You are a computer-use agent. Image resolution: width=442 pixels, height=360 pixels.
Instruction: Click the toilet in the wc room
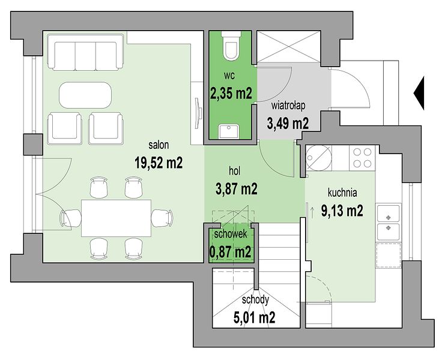pyautogui.click(x=231, y=45)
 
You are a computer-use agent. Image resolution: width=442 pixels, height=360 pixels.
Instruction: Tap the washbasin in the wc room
pyautogui.click(x=229, y=131)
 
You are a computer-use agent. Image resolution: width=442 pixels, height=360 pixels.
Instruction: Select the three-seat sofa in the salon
pyautogui.click(x=85, y=52)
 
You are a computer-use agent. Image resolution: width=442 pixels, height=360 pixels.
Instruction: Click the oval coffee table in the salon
pyautogui.click(x=85, y=95)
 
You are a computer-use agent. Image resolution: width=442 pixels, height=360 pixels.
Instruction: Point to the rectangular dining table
pyautogui.click(x=116, y=218)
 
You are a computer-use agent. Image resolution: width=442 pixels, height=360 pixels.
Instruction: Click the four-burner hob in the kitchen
pyautogui.click(x=362, y=158)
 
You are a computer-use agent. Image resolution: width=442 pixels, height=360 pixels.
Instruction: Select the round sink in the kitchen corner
pyautogui.click(x=318, y=158)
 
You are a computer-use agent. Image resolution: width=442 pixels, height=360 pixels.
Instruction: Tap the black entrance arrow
pyautogui.click(x=419, y=93)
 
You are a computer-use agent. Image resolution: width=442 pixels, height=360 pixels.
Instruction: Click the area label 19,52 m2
pyautogui.click(x=159, y=163)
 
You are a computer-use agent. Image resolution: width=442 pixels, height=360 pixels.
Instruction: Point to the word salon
pyautogui.click(x=159, y=145)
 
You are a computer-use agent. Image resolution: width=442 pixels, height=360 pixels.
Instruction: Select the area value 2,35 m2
pyautogui.click(x=231, y=92)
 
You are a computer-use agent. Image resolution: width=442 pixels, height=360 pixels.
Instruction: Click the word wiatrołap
pyautogui.click(x=288, y=106)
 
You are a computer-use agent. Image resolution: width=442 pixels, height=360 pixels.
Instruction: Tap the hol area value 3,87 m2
pyautogui.click(x=237, y=189)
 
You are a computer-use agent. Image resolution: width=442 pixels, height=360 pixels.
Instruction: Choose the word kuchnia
pyautogui.click(x=342, y=193)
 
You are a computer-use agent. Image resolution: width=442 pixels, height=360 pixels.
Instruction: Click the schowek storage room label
pyautogui.click(x=231, y=234)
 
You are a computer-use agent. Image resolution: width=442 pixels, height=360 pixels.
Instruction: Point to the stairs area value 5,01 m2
pyautogui.click(x=254, y=317)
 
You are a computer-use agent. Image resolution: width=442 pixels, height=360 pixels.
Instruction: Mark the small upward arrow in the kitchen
pyautogui.click(x=312, y=212)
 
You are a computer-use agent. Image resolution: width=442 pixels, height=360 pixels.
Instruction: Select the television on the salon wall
pyautogui.click(x=198, y=113)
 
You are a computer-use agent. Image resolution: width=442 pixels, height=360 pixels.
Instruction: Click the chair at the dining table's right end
pyautogui.click(x=162, y=218)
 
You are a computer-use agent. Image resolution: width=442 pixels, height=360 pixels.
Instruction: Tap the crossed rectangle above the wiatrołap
pyautogui.click(x=289, y=46)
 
